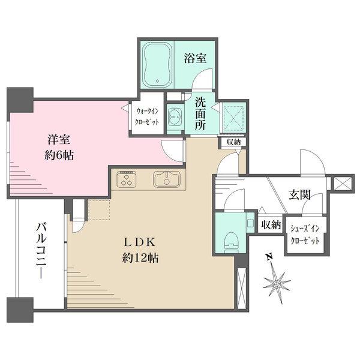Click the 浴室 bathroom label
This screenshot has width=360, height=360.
[195, 58]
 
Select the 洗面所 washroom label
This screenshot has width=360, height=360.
[200, 114]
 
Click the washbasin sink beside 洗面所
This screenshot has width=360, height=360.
[176, 115]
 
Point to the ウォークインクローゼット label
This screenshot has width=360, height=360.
[147, 115]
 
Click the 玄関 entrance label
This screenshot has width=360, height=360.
[298, 195]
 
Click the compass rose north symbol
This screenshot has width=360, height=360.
[277, 281]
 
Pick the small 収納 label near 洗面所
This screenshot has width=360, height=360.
[234, 142]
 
